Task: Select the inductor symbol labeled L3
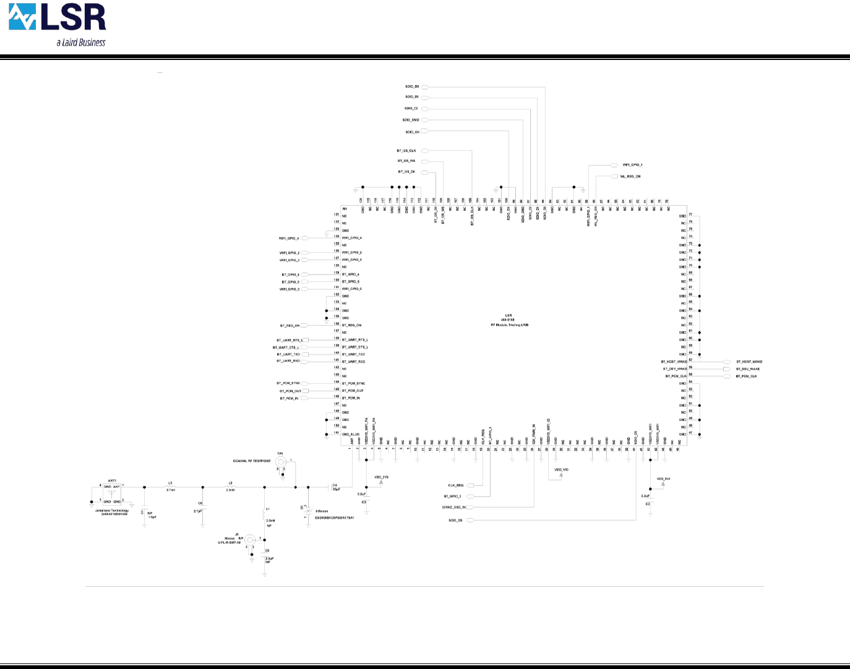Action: click(x=171, y=487)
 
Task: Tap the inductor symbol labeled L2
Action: click(x=230, y=487)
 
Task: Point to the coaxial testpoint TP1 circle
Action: click(x=280, y=462)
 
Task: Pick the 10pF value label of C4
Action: click(x=336, y=490)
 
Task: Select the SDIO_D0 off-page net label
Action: click(x=412, y=87)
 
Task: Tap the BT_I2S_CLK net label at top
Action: click(x=406, y=151)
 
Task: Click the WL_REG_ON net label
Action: click(x=630, y=177)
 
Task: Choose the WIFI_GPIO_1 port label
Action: click(x=632, y=165)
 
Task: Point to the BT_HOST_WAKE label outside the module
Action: click(x=749, y=362)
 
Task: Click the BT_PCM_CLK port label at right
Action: click(x=746, y=377)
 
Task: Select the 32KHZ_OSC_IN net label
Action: click(x=454, y=508)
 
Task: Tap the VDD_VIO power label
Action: click(x=561, y=471)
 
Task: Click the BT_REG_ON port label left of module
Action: click(x=290, y=325)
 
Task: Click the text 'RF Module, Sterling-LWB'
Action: click(x=509, y=325)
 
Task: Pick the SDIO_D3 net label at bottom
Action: click(x=455, y=521)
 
